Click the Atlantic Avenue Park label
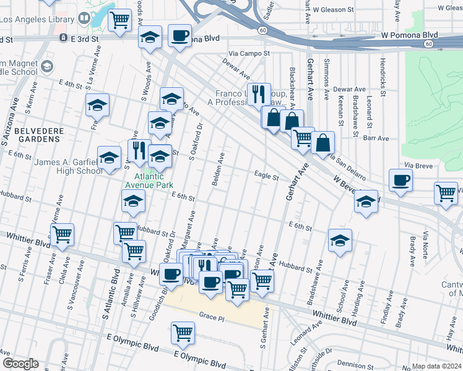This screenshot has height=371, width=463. (150, 179)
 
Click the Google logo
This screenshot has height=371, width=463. (20, 364)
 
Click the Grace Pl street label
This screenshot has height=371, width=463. (211, 317)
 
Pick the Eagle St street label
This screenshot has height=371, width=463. (266, 176)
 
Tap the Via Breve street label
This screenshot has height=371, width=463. (417, 166)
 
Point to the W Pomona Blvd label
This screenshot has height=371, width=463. (409, 35)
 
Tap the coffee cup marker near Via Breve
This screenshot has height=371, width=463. (400, 181)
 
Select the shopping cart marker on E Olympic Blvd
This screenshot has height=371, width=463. (183, 333)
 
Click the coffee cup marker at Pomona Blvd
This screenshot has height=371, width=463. (180, 35)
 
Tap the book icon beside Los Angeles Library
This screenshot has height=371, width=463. (83, 19)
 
